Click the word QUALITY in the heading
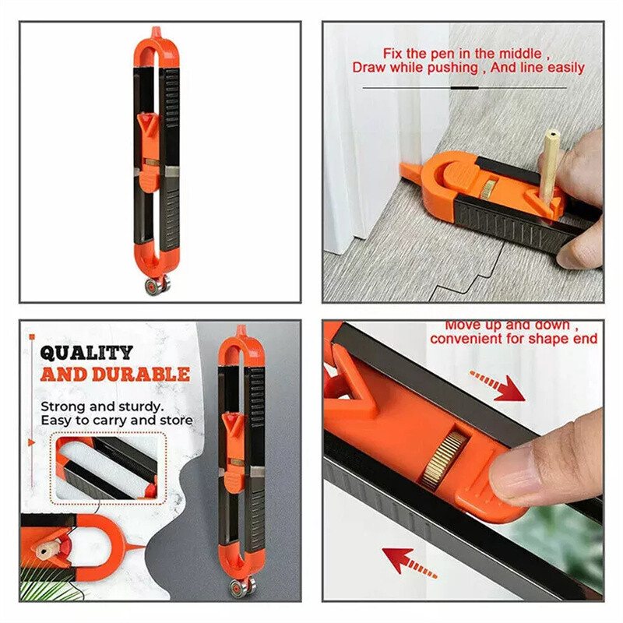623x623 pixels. [x=86, y=352]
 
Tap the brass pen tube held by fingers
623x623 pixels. [x=551, y=162]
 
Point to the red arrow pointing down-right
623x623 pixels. [x=498, y=386]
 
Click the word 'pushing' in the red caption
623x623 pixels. [x=455, y=68]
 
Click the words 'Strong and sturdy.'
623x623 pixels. [x=102, y=407]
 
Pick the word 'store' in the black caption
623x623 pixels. [x=176, y=421]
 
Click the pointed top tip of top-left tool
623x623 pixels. [x=157, y=31]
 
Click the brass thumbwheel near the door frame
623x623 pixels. [x=488, y=187]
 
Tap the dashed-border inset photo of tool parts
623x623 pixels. [x=106, y=467]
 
